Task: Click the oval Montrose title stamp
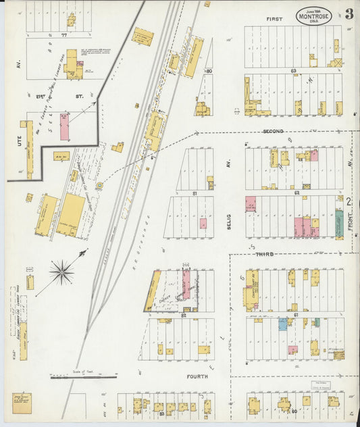[313, 15]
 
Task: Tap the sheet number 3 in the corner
[349, 14]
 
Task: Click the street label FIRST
[274, 19]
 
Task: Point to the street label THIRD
[264, 253]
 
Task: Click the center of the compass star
[61, 272]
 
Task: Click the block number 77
[64, 32]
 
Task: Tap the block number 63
[293, 70]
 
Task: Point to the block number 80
[209, 70]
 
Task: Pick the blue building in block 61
[283, 324]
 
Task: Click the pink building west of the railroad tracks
[64, 127]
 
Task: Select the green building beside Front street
[339, 223]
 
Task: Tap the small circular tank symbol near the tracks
[100, 184]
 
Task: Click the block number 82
[183, 315]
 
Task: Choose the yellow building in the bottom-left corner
[21, 403]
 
